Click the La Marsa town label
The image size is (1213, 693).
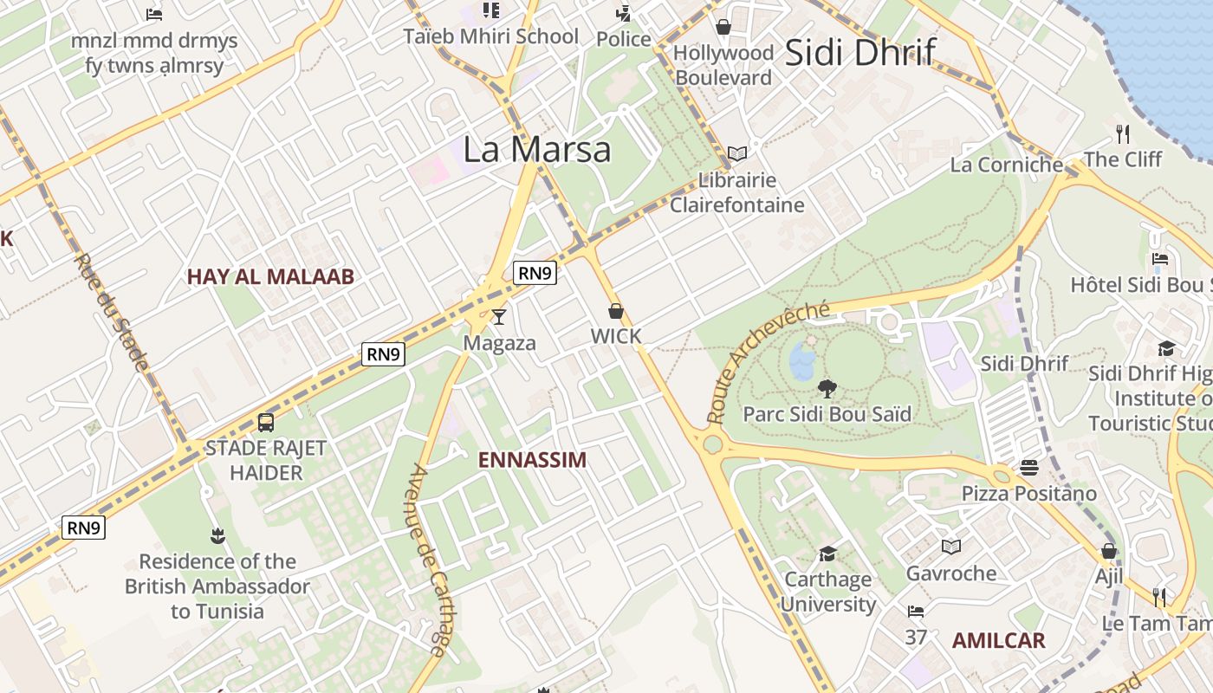click(x=537, y=149)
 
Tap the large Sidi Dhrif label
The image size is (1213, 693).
click(x=859, y=52)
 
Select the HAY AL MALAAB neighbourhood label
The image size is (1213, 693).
click(x=271, y=277)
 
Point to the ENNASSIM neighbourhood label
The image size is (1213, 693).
click(x=532, y=460)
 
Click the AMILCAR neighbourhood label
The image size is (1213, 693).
click(x=999, y=641)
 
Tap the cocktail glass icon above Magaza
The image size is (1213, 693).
click(x=498, y=317)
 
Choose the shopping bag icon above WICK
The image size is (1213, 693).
click(x=616, y=311)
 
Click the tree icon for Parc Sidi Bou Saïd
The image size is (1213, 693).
click(x=827, y=389)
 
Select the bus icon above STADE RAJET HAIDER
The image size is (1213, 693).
click(x=266, y=423)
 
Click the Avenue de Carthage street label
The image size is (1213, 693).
click(x=430, y=560)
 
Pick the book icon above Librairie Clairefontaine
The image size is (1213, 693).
click(x=737, y=154)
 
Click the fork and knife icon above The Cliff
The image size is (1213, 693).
click(x=1123, y=133)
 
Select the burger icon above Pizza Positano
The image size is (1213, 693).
click(x=1029, y=468)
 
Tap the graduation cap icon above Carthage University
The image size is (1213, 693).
click(x=828, y=554)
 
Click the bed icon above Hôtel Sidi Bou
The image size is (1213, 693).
click(x=1160, y=259)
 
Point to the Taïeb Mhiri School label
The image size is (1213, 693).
click(x=491, y=36)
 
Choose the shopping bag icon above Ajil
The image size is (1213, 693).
click(x=1108, y=551)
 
